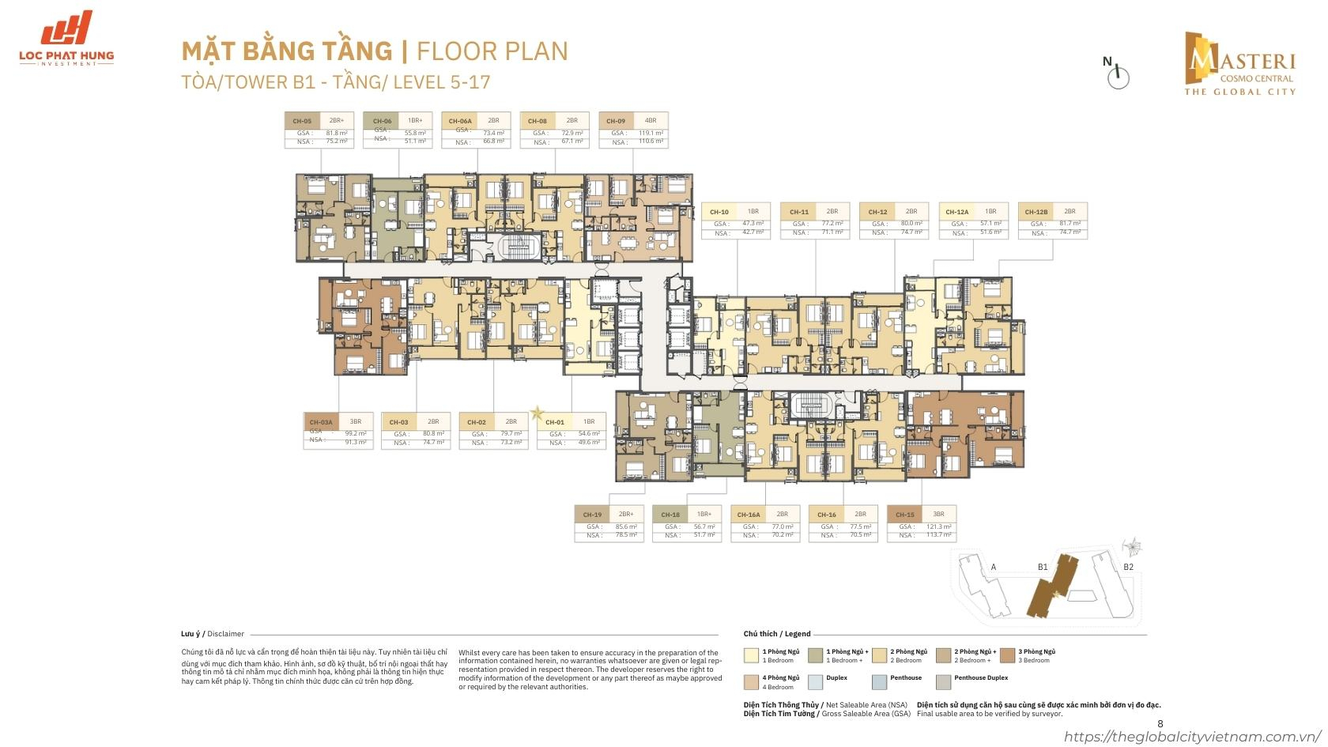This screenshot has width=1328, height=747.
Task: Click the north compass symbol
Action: pos(1118,74)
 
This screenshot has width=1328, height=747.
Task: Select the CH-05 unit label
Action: pos(302,121)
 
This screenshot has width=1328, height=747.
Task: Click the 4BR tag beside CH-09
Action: pos(651,121)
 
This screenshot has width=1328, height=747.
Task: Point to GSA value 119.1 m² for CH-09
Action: pos(651,133)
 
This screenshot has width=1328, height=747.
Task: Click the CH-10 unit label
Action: pos(719,212)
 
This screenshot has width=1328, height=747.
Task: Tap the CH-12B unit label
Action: pos(1036,212)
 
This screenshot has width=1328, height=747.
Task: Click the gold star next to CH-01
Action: pos(538,412)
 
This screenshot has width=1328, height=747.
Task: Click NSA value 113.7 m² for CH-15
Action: pos(939,535)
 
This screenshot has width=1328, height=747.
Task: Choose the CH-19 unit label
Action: pos(591,515)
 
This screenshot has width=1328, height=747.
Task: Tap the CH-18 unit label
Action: pos(670,515)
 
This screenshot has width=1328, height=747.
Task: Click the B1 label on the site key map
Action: pos(1043,567)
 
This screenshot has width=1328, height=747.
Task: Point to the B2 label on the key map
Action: pos(1128,567)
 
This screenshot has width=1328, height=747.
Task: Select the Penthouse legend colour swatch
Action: pos(878,681)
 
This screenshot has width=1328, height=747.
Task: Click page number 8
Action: pos(1160,723)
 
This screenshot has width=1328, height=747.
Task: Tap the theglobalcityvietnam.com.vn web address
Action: pos(1194,737)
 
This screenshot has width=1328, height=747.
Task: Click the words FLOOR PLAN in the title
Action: pos(492,51)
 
